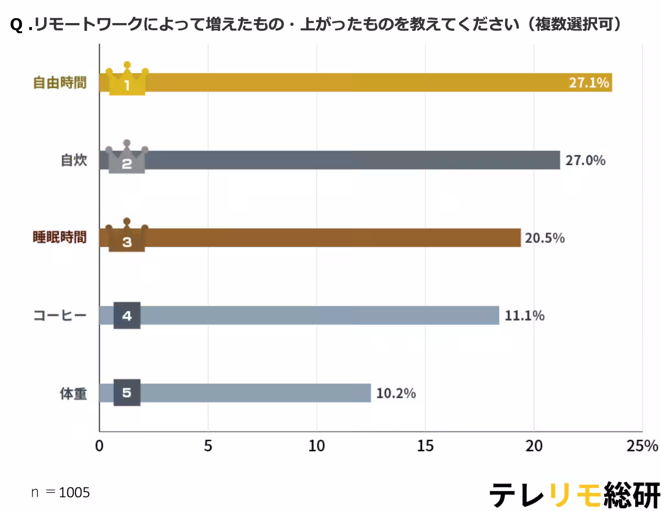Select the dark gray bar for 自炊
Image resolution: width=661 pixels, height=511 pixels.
(x=353, y=160)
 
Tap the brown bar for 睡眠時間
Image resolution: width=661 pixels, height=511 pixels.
(x=330, y=238)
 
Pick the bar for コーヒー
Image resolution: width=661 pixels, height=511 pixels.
(x=319, y=316)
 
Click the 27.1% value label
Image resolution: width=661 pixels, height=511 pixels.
(x=589, y=83)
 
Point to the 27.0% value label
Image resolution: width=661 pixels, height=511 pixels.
(x=585, y=160)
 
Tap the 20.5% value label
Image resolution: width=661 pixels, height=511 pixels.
(x=545, y=238)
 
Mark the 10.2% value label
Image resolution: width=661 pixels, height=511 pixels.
(x=396, y=393)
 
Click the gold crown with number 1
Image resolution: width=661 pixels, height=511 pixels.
(x=127, y=80)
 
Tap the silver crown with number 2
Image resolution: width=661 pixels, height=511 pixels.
(x=127, y=158)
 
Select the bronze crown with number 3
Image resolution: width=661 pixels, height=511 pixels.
(x=127, y=236)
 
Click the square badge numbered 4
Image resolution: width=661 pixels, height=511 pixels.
(x=127, y=316)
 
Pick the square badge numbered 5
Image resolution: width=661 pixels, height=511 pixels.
(x=127, y=393)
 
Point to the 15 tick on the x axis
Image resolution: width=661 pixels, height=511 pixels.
(x=425, y=445)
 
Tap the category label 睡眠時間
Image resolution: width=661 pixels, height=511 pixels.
(x=59, y=238)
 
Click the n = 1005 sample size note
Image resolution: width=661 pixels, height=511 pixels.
(x=60, y=492)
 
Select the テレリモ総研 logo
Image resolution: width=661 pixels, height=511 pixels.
(x=575, y=494)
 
